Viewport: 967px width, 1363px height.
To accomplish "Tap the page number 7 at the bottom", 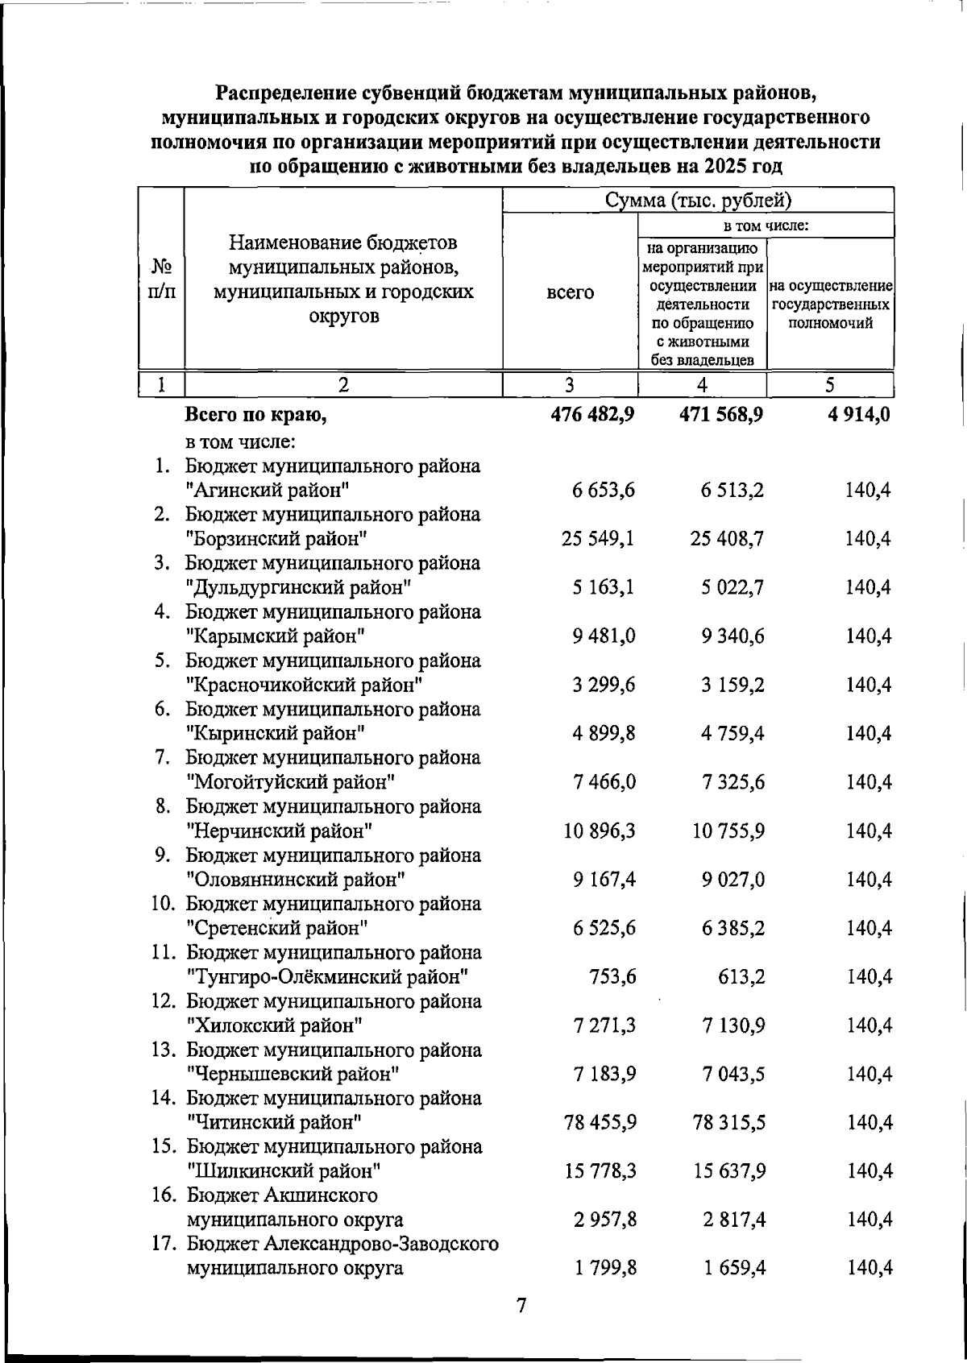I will pos(521,1306).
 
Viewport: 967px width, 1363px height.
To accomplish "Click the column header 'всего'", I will pos(570,293).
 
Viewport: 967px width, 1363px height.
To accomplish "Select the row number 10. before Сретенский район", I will pos(164,904).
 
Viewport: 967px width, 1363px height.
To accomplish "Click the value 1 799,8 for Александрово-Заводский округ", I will pos(605,1269).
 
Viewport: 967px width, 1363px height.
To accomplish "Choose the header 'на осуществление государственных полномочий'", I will pos(830,304).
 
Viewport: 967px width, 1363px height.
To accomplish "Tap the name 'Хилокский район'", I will pos(274,1025).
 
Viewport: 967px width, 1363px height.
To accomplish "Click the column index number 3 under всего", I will pos(570,385).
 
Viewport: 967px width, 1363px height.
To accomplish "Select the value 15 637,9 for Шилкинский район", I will pos(728,1170).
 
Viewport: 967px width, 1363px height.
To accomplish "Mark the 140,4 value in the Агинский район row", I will pos(868,490).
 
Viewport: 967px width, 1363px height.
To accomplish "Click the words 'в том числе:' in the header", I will pos(766,226).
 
